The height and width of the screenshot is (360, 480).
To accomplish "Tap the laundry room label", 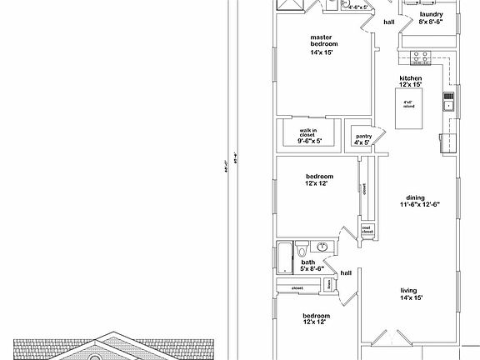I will pyautogui.click(x=431, y=14).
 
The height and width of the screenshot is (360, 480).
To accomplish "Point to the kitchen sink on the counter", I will pyautogui.click(x=448, y=105).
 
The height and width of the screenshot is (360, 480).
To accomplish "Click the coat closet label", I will pyautogui.click(x=367, y=228).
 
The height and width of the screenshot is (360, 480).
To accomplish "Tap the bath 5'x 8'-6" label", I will pyautogui.click(x=307, y=266).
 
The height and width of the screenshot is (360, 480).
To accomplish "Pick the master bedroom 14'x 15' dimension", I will pyautogui.click(x=322, y=52).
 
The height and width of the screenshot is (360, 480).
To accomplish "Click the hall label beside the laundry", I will pyautogui.click(x=388, y=22).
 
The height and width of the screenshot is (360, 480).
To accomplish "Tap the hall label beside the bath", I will pyautogui.click(x=347, y=272).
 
